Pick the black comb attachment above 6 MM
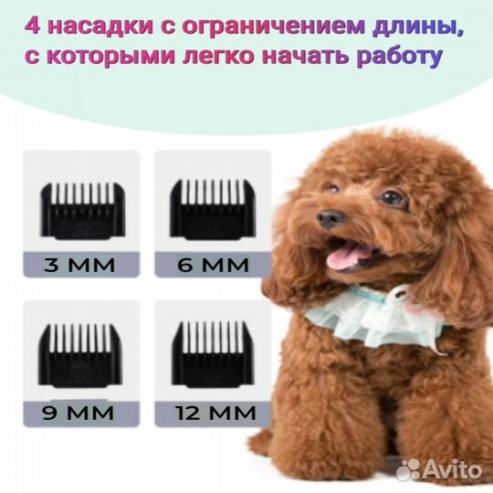point(213,211)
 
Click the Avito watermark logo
point(440,469)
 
